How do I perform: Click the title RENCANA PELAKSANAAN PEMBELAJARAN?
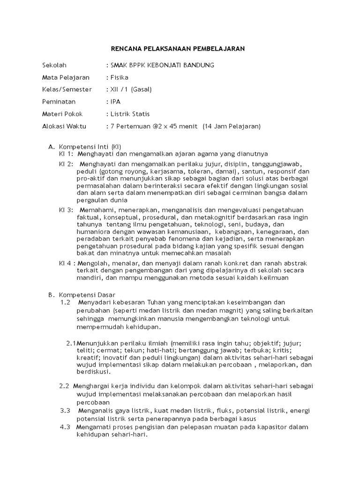[178, 48]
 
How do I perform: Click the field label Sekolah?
[55, 65]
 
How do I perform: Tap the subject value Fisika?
[119, 77]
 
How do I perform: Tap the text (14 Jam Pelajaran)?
[232, 126]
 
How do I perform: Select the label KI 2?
[66, 164]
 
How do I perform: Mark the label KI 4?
[66, 263]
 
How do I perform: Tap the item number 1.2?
[65, 302]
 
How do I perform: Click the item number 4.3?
[65, 427]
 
